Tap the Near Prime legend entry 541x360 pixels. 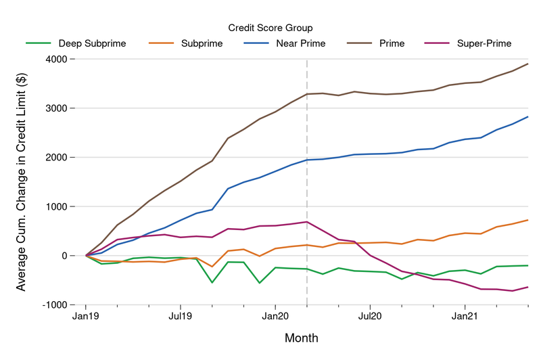point(300,44)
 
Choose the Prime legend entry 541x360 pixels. point(392,44)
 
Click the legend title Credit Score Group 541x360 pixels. point(270,28)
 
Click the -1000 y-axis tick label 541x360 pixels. point(60,305)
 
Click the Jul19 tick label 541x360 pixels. point(180,316)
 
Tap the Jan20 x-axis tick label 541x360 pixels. point(275,316)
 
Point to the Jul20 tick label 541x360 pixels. point(370,316)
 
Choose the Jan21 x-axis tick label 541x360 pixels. point(465,316)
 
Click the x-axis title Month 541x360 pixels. point(302,338)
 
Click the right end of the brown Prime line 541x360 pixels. point(528,64)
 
